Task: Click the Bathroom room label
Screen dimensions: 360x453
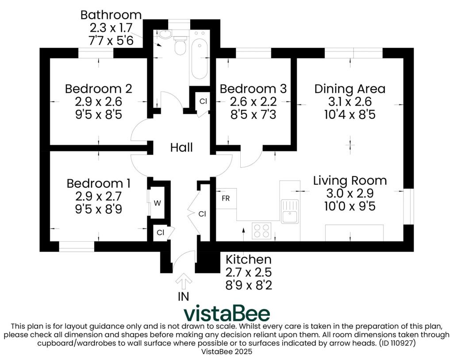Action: pyautogui.click(x=111, y=15)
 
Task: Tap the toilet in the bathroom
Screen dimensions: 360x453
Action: pyautogui.click(x=180, y=46)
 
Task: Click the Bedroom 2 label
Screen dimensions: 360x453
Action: pyautogui.click(x=98, y=89)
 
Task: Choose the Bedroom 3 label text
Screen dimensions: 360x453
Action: pyautogui.click(x=253, y=89)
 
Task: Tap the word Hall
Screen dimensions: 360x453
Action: pyautogui.click(x=181, y=147)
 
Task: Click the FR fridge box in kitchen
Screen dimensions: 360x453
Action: pyautogui.click(x=226, y=198)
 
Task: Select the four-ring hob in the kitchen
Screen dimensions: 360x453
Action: pyautogui.click(x=261, y=230)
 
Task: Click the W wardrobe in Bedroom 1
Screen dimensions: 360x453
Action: pyautogui.click(x=157, y=203)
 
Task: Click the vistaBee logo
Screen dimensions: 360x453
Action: pyautogui.click(x=226, y=314)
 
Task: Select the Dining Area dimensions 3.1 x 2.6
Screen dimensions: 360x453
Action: pyautogui.click(x=349, y=102)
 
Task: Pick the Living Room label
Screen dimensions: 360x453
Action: pyautogui.click(x=350, y=181)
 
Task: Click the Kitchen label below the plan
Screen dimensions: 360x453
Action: pyautogui.click(x=248, y=259)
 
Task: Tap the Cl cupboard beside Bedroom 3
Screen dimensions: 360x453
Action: pyautogui.click(x=203, y=101)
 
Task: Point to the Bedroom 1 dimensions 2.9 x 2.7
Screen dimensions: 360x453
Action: pyautogui.click(x=98, y=196)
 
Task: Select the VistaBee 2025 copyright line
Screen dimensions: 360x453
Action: pyautogui.click(x=226, y=352)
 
